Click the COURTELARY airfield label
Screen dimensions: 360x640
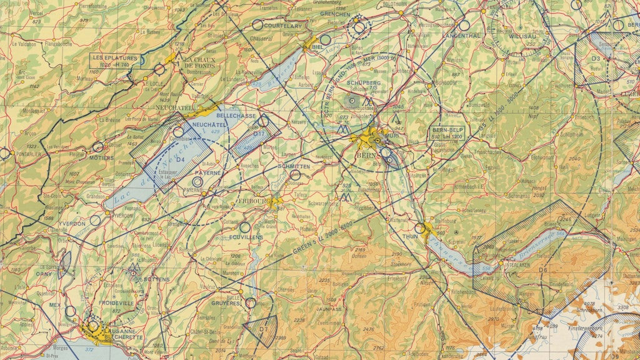[x=282, y=26]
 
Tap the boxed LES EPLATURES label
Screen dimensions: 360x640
[x=116, y=60]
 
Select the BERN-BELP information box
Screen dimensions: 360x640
[x=448, y=133]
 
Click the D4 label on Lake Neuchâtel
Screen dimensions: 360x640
[x=181, y=160]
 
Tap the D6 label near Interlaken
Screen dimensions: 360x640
[x=543, y=270]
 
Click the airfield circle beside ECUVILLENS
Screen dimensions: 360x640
[x=245, y=227]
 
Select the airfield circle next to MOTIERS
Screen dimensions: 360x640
[x=98, y=147]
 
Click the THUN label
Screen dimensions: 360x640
[x=409, y=237]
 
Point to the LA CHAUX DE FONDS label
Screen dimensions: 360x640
[x=199, y=61]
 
